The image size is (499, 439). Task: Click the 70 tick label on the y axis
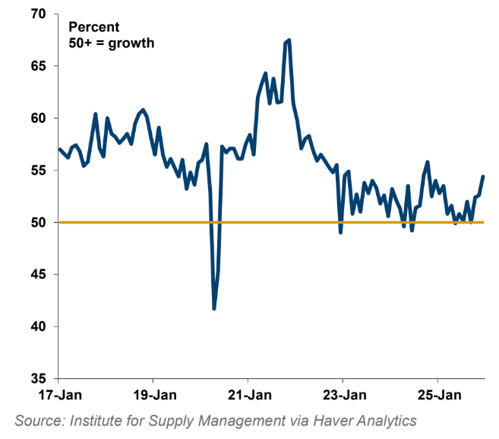pyautogui.click(x=38, y=14)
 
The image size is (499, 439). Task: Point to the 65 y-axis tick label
pyautogui.click(x=38, y=66)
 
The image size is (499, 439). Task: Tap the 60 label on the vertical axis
pyautogui.click(x=38, y=118)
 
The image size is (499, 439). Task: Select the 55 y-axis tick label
pyautogui.click(x=38, y=170)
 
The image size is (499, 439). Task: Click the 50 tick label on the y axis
pyautogui.click(x=38, y=222)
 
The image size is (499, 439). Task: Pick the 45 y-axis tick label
pyautogui.click(x=38, y=274)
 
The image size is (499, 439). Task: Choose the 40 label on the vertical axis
pyautogui.click(x=38, y=326)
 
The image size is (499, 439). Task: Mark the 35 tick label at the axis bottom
pyautogui.click(x=38, y=378)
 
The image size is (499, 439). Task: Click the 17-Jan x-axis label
pyautogui.click(x=58, y=396)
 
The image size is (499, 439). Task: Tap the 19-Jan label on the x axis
pyautogui.click(x=153, y=396)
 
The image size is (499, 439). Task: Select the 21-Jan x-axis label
pyautogui.click(x=248, y=396)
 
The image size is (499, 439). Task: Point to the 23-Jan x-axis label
pyautogui.click(x=343, y=396)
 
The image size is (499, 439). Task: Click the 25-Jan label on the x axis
pyautogui.click(x=437, y=396)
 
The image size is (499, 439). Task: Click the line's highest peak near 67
pyautogui.click(x=289, y=40)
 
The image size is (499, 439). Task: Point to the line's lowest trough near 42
pyautogui.click(x=214, y=308)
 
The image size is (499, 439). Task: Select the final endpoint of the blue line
pyautogui.click(x=483, y=177)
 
